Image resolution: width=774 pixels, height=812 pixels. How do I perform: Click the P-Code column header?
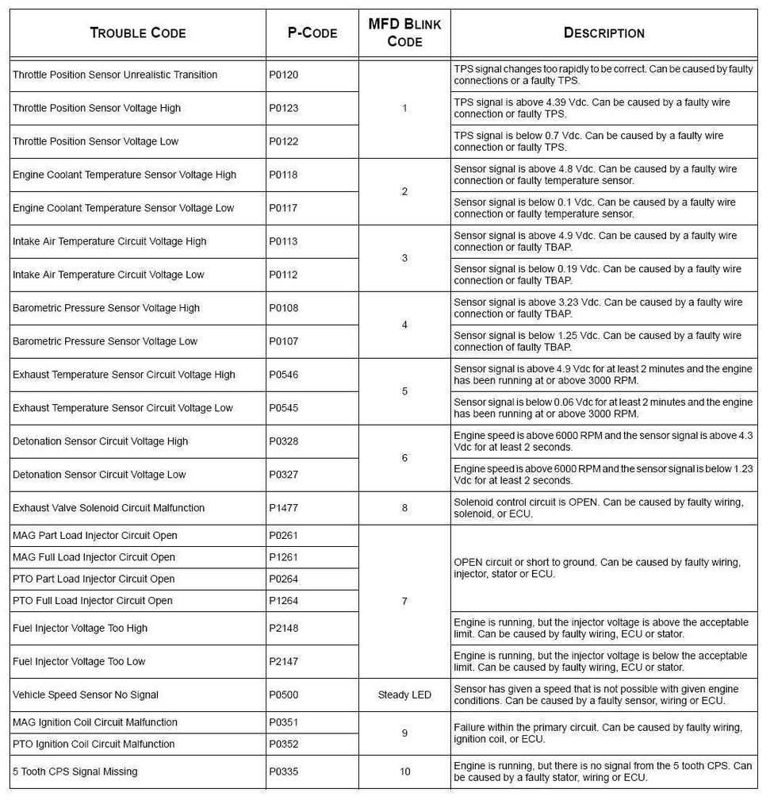click(x=312, y=33)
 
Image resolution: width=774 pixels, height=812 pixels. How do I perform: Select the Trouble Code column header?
click(x=138, y=33)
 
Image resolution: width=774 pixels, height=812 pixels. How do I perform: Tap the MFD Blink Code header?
click(x=404, y=33)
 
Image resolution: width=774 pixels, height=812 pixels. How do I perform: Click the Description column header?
click(x=603, y=33)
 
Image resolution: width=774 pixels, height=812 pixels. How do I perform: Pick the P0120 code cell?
click(x=283, y=75)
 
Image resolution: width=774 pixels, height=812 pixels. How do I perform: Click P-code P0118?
click(x=283, y=175)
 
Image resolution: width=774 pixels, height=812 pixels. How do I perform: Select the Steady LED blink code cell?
click(x=404, y=695)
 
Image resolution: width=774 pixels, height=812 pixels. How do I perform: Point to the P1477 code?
click(x=283, y=508)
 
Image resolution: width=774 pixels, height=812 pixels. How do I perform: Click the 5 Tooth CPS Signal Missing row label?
click(x=75, y=771)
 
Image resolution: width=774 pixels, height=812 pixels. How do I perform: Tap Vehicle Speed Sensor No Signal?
click(x=86, y=695)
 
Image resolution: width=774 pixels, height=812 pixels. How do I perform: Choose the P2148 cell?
click(x=283, y=628)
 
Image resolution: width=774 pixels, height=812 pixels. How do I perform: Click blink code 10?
click(x=404, y=771)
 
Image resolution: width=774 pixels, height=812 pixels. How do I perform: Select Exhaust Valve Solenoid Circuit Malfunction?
click(x=109, y=508)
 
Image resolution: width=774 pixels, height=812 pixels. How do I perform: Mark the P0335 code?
click(x=283, y=771)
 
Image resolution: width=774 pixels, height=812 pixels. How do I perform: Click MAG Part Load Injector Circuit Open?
click(x=95, y=536)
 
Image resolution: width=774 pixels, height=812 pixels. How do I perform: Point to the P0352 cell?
click(x=283, y=744)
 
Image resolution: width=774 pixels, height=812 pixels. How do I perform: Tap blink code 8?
click(x=404, y=508)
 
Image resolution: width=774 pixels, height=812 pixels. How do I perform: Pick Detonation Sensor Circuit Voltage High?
click(x=101, y=441)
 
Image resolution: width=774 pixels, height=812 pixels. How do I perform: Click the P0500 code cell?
click(x=283, y=695)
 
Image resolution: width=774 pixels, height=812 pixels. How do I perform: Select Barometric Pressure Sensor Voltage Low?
click(x=105, y=341)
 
